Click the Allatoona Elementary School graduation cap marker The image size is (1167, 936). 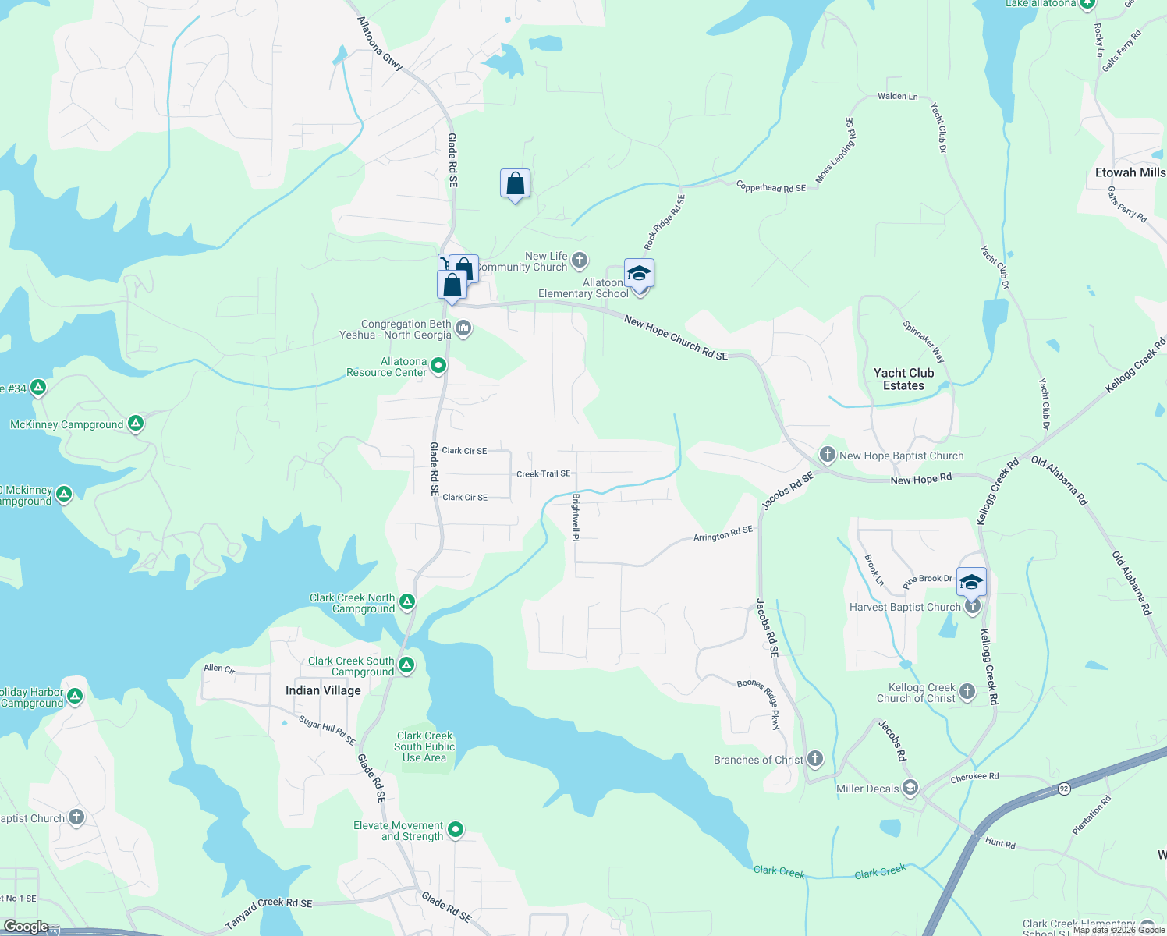click(639, 275)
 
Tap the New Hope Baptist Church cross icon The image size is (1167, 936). click(828, 455)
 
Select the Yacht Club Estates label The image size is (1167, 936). click(903, 379)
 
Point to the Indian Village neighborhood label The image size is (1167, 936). click(323, 690)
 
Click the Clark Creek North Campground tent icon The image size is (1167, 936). click(406, 601)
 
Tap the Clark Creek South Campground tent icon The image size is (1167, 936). click(406, 665)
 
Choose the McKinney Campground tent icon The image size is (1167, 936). click(135, 424)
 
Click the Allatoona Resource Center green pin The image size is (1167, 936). click(438, 365)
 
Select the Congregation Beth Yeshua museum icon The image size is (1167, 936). click(463, 328)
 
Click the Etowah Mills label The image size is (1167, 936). click(1130, 172)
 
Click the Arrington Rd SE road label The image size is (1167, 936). click(722, 534)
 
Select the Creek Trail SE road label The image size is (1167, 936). click(543, 473)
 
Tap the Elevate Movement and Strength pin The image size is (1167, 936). click(456, 829)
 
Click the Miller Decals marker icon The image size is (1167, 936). click(910, 787)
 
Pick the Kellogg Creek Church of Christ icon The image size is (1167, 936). click(967, 691)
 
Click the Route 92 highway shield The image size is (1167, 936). click(1064, 789)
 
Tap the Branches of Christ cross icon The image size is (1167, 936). click(814, 758)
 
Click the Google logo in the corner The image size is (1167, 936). click(26, 927)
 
